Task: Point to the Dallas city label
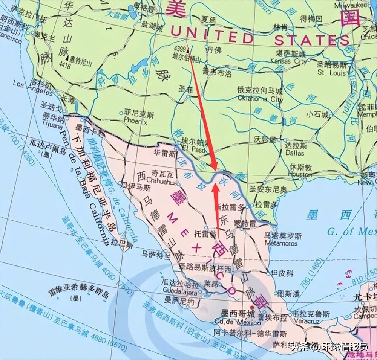tap(294, 153)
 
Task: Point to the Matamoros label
tap(280, 243)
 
